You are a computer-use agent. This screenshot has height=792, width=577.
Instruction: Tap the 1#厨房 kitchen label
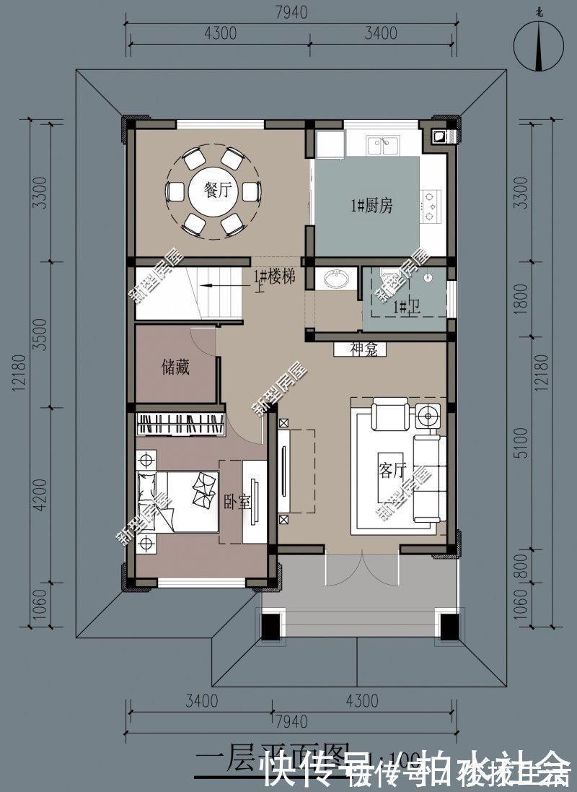[x=371, y=206]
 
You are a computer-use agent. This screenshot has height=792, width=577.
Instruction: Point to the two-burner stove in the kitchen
[x=432, y=204]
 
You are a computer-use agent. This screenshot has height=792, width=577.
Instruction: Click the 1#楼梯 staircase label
[x=273, y=277]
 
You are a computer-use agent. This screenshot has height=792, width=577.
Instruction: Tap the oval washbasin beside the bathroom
[x=336, y=279]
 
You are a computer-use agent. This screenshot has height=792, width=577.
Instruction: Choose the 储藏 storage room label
[x=175, y=367]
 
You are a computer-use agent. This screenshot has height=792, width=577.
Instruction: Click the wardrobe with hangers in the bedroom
[x=180, y=425]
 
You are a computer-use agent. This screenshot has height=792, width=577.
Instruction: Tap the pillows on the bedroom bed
[x=203, y=490]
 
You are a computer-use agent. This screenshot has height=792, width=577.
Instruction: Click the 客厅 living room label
[x=392, y=471]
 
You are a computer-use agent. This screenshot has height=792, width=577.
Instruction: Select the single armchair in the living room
[x=390, y=415]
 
